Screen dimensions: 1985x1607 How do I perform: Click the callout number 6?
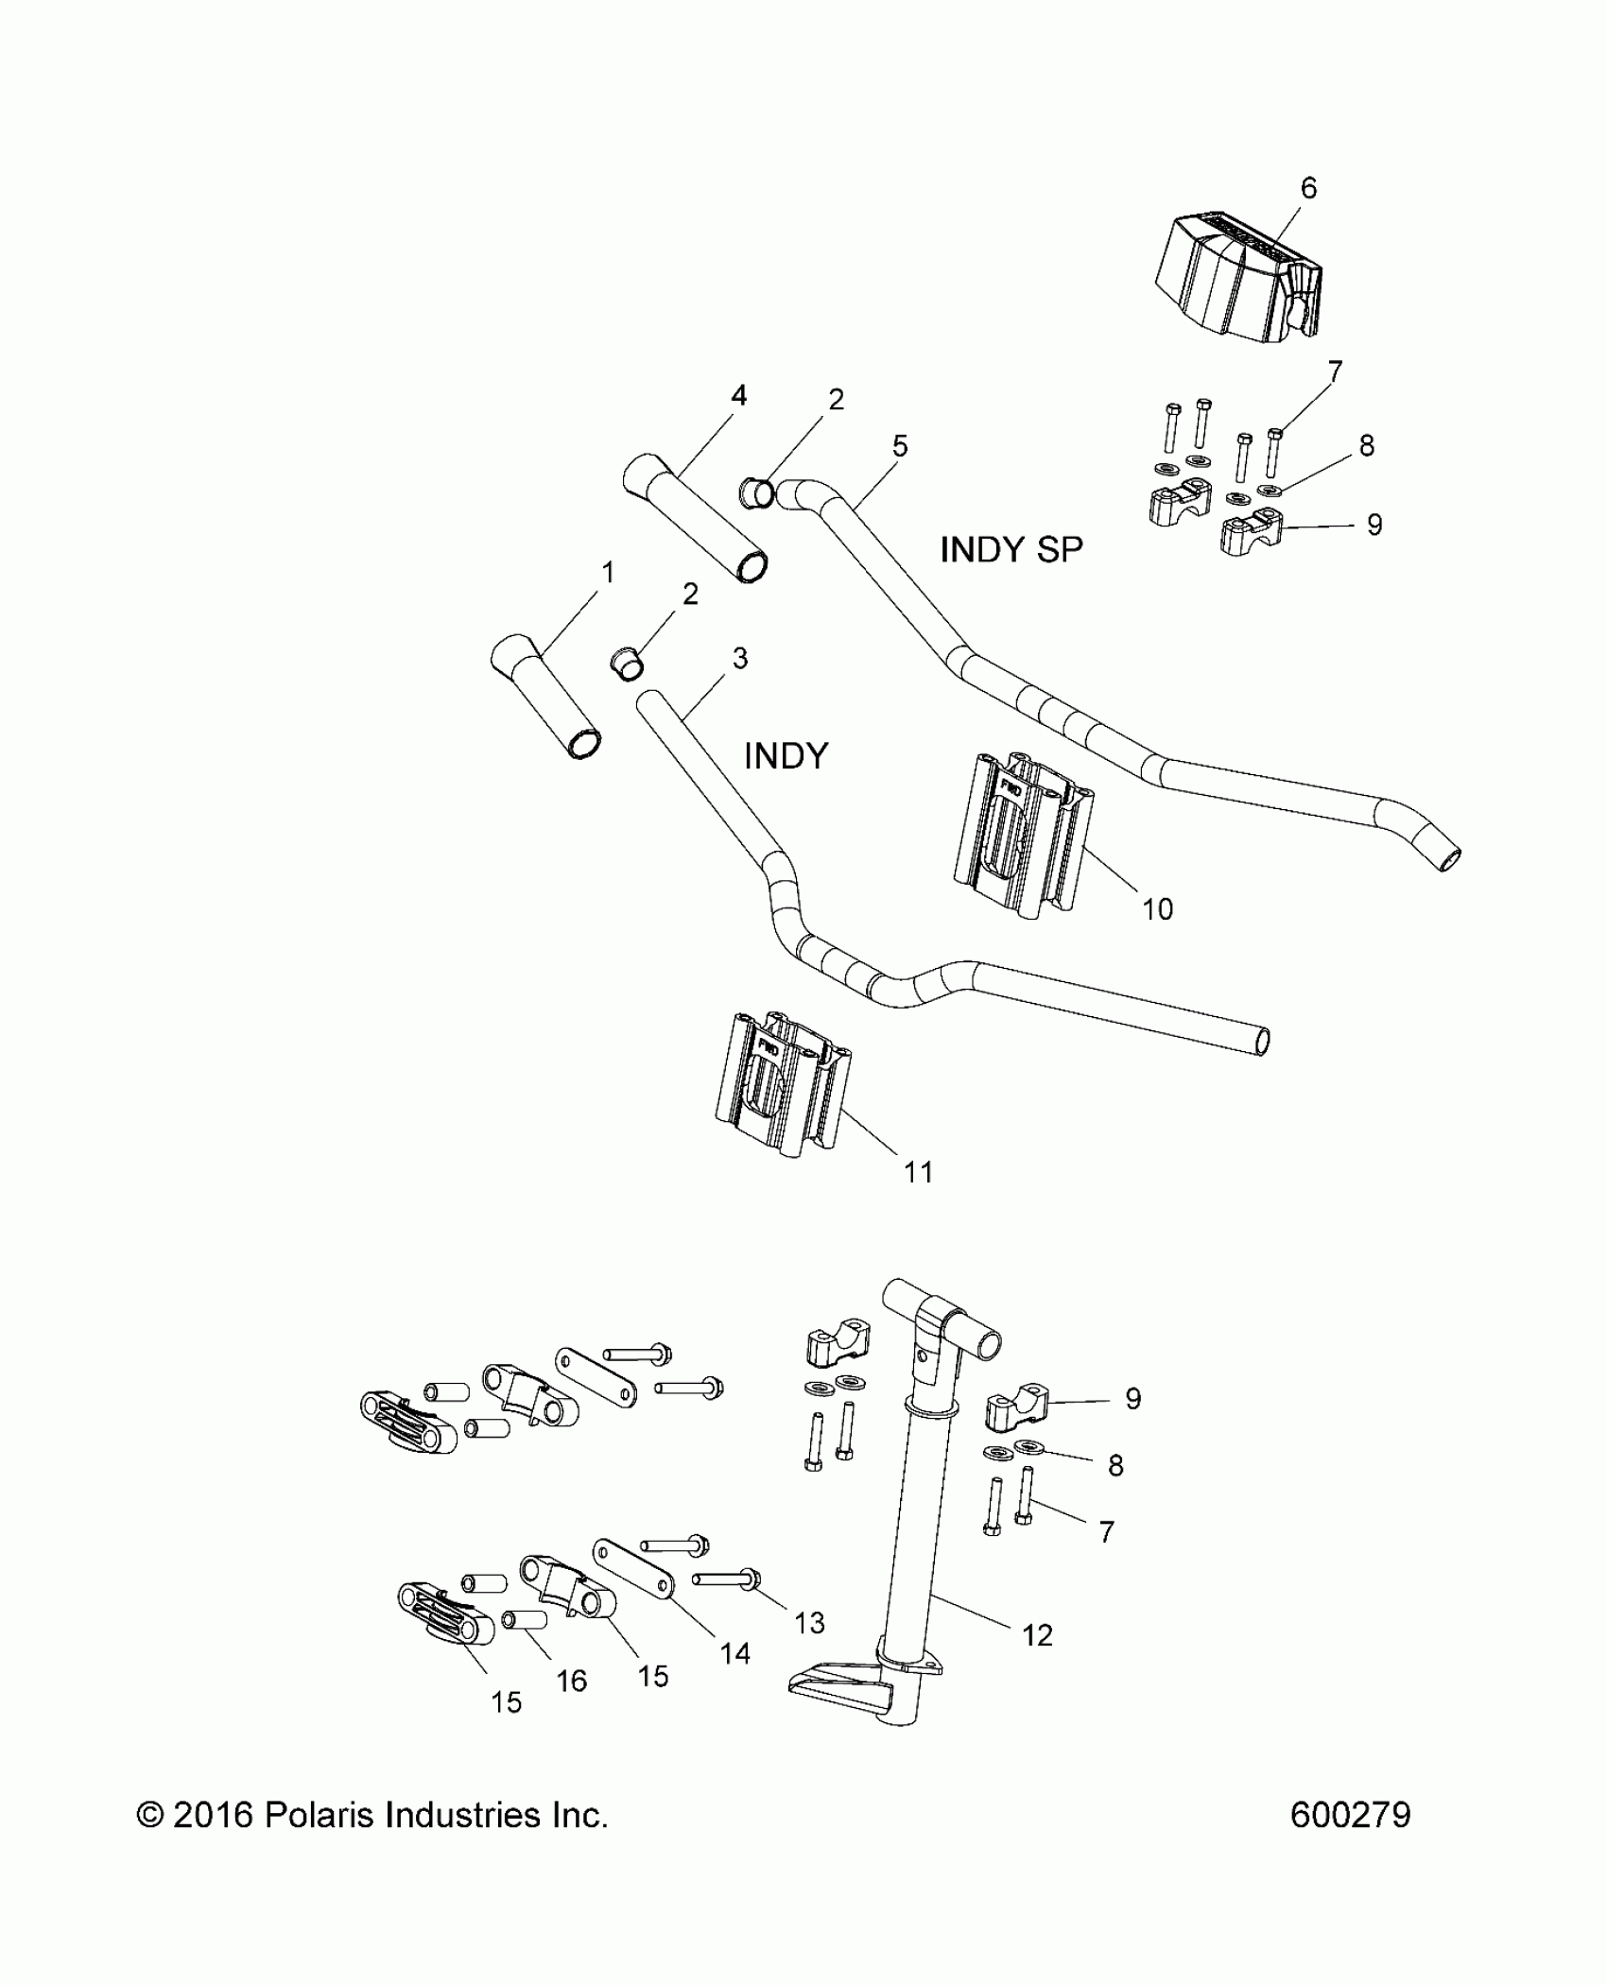coord(1308,188)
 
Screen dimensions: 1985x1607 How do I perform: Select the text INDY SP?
coord(1011,549)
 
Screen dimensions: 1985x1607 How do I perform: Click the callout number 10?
coord(1157,908)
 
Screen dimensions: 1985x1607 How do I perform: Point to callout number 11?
coord(918,1172)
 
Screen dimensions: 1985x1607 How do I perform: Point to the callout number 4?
coord(739,395)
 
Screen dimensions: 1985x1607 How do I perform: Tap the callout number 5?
coord(899,445)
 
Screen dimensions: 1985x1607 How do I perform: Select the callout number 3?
coord(739,658)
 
